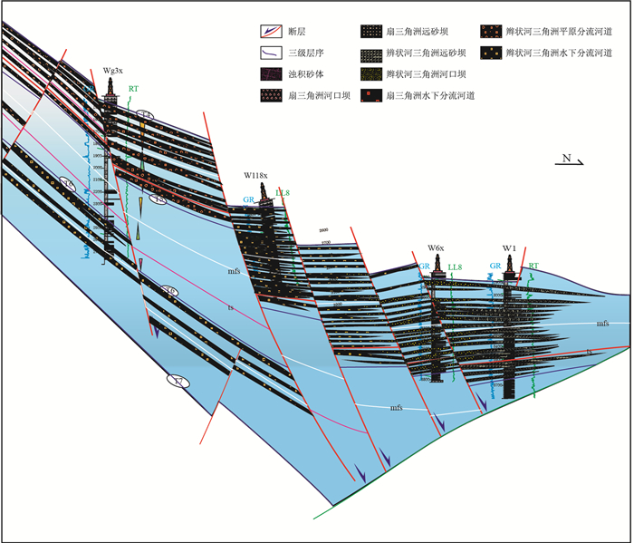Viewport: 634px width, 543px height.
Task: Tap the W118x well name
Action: [261, 173]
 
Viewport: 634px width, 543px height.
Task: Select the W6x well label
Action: [436, 247]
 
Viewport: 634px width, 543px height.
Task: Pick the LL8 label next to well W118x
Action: [282, 192]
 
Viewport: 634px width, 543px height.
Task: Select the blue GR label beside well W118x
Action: [248, 199]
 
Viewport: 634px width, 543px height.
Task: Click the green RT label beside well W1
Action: [533, 267]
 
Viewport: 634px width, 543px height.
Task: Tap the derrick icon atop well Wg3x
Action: [110, 89]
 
